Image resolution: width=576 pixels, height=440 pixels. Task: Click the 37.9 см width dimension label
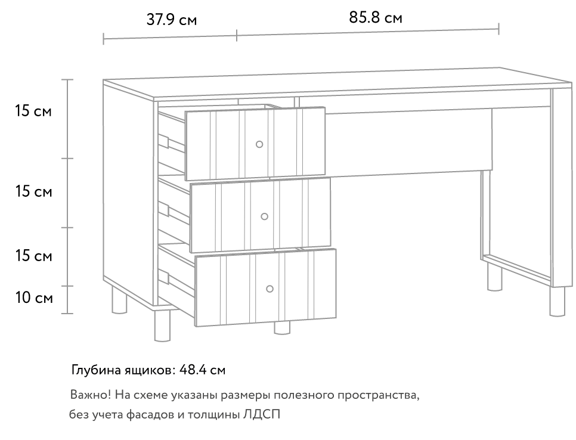pos(172,20)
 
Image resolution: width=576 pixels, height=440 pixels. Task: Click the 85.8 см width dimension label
pos(376,18)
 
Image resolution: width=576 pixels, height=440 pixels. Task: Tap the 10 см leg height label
pos(34,298)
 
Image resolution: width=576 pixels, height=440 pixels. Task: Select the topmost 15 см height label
pos(33,111)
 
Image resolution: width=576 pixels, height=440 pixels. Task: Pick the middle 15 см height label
pos(33,191)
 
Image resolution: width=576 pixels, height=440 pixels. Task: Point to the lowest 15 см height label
pos(33,256)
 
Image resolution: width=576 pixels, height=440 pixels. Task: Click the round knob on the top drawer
pos(259,144)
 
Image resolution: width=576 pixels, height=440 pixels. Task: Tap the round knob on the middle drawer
pos(265,216)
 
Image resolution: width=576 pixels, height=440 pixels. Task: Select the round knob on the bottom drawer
pos(270,289)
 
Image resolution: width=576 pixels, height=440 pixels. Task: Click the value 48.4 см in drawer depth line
pos(202,370)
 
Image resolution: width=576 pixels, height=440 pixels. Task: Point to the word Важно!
pos(91,395)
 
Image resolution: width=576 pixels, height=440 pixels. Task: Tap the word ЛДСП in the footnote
pos(262,415)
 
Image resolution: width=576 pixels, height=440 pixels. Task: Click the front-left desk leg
pos(162,326)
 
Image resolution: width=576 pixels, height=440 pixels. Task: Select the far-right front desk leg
pos(558,301)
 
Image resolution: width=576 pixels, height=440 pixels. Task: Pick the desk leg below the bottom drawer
pos(282,327)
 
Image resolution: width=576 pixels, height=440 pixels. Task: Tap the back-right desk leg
pos(494,278)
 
